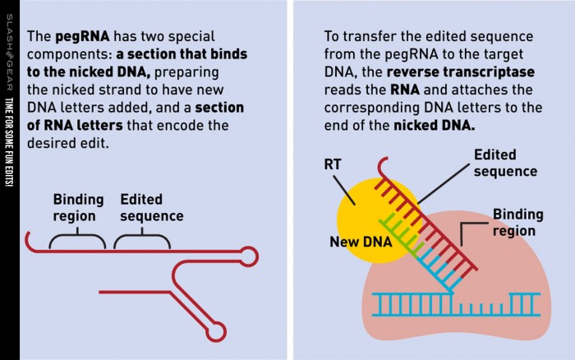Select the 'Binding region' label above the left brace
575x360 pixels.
pos(78,208)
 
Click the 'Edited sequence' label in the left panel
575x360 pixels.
pos(151,208)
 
